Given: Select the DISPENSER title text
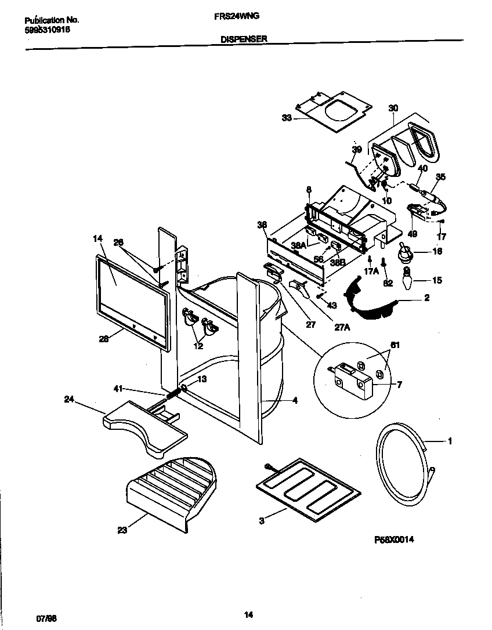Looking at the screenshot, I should click(x=243, y=39).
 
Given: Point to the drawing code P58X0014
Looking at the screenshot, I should click(x=394, y=539).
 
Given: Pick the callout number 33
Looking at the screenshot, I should click(x=287, y=118).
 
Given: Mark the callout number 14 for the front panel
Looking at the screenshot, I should click(x=97, y=238).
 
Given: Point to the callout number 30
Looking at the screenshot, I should click(x=393, y=108).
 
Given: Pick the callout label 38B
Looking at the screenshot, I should click(x=338, y=262).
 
